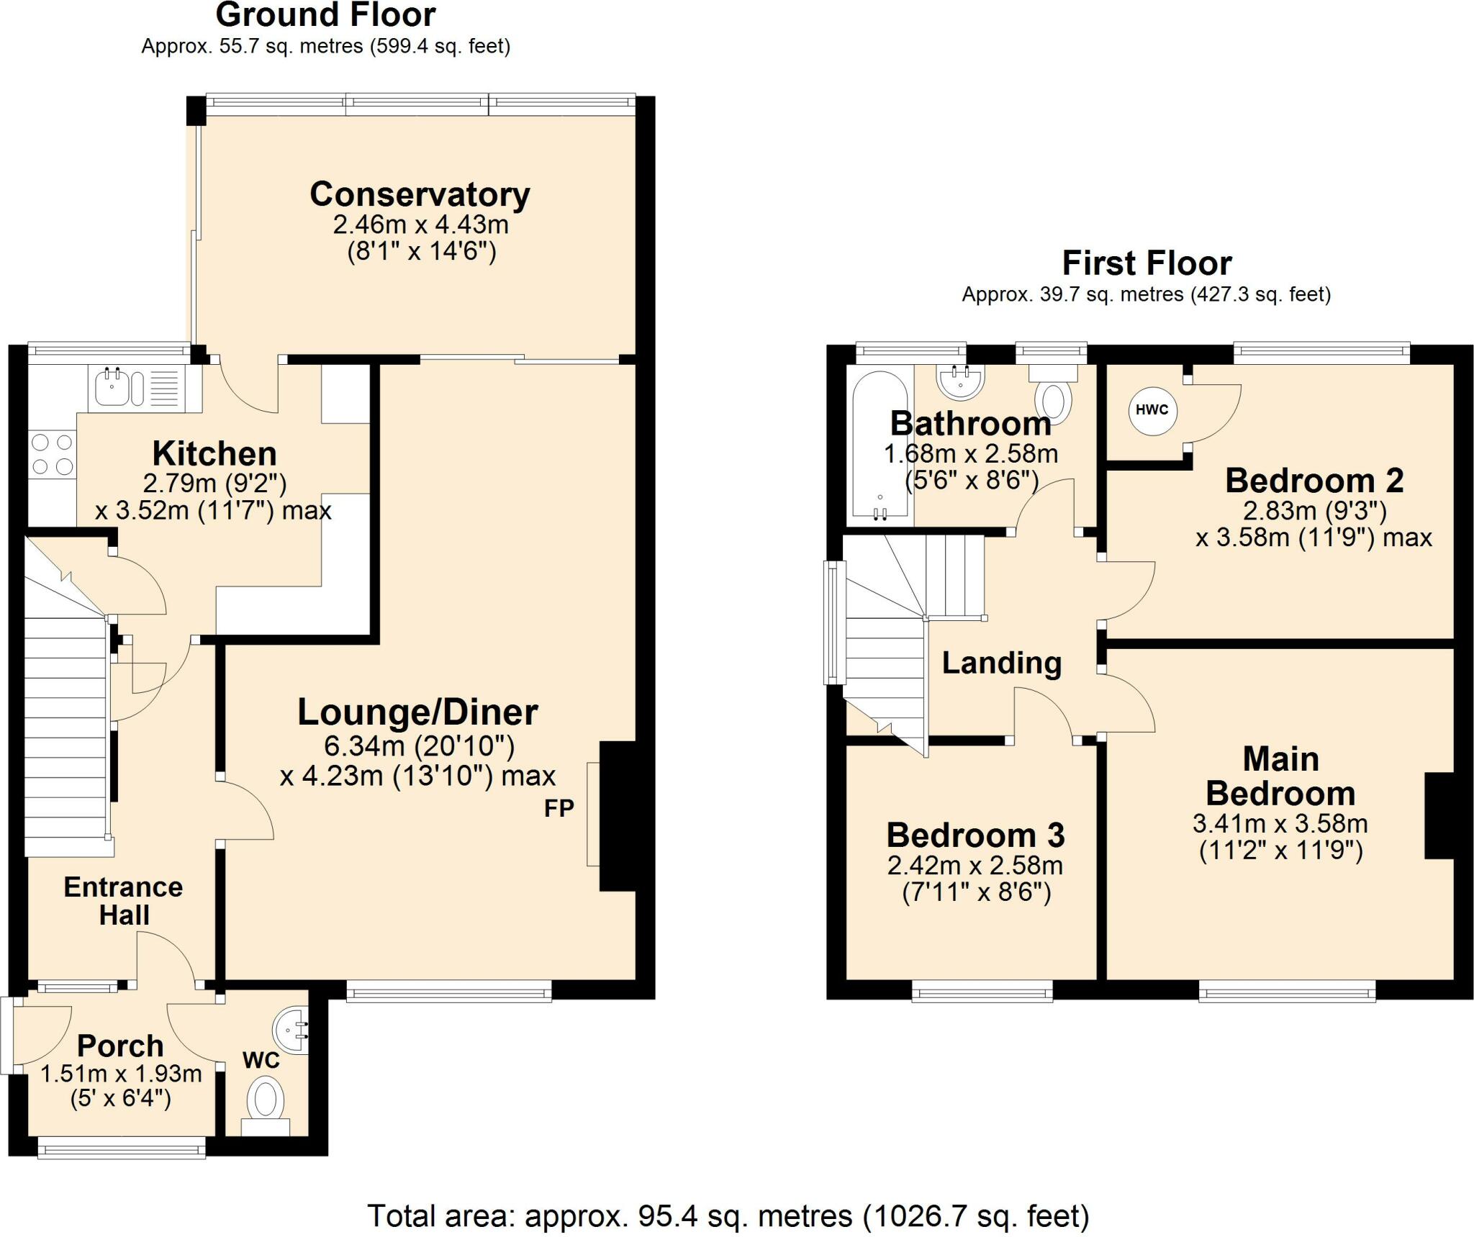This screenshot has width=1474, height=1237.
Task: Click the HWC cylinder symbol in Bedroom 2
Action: point(1152,410)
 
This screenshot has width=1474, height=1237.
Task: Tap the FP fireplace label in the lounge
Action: point(559,809)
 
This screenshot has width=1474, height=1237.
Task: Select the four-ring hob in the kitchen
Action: point(53,454)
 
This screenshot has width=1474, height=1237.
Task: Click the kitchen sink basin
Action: point(112,388)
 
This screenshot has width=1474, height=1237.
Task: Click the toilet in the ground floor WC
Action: point(266,1105)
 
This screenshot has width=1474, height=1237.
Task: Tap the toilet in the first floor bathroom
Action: point(1054,393)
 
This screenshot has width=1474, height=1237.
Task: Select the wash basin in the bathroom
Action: point(960,382)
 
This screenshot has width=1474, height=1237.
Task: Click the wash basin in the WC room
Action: point(292,1033)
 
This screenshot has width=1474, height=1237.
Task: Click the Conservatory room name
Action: point(420,194)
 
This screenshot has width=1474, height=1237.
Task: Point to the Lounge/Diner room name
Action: point(418,712)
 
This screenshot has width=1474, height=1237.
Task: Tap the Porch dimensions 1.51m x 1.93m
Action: point(121,1074)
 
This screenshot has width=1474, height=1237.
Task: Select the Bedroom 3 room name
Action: point(975,835)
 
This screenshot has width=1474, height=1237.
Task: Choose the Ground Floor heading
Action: point(326,15)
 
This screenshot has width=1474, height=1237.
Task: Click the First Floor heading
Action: point(1147,263)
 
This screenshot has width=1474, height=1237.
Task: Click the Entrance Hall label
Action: point(123,901)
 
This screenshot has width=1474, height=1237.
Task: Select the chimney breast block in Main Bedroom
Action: point(1439,815)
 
